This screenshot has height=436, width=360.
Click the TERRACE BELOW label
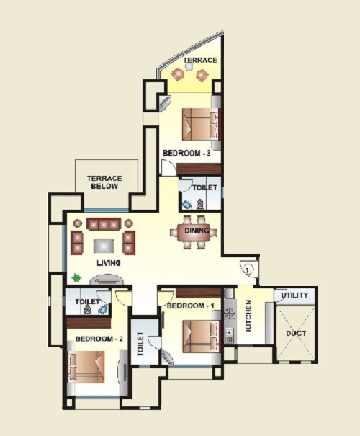[x=104, y=182]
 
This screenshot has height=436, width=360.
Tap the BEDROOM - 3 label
[x=186, y=154]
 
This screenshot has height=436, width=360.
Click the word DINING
[x=197, y=231]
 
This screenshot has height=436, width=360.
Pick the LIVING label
[x=109, y=263]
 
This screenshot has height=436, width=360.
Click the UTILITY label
[x=294, y=295]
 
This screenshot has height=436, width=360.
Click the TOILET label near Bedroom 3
[x=204, y=187]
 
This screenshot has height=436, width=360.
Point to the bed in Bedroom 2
[x=89, y=364]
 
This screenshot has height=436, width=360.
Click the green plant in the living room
[x=75, y=277]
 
